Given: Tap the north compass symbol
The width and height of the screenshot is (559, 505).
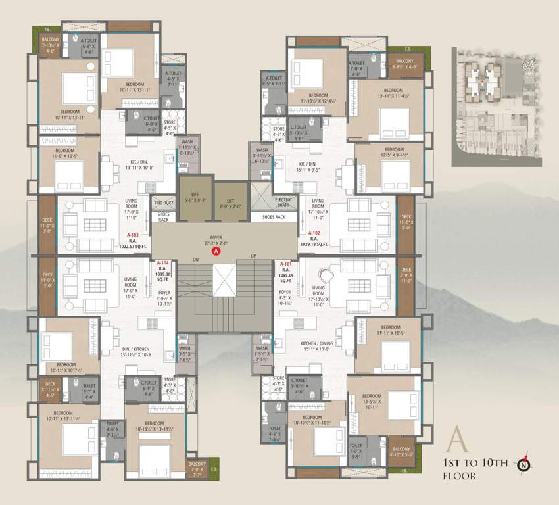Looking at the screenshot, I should (x=523, y=464).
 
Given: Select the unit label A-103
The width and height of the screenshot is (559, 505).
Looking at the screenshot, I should (x=134, y=234).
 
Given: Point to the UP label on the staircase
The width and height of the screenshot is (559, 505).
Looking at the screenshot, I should (x=252, y=256).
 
